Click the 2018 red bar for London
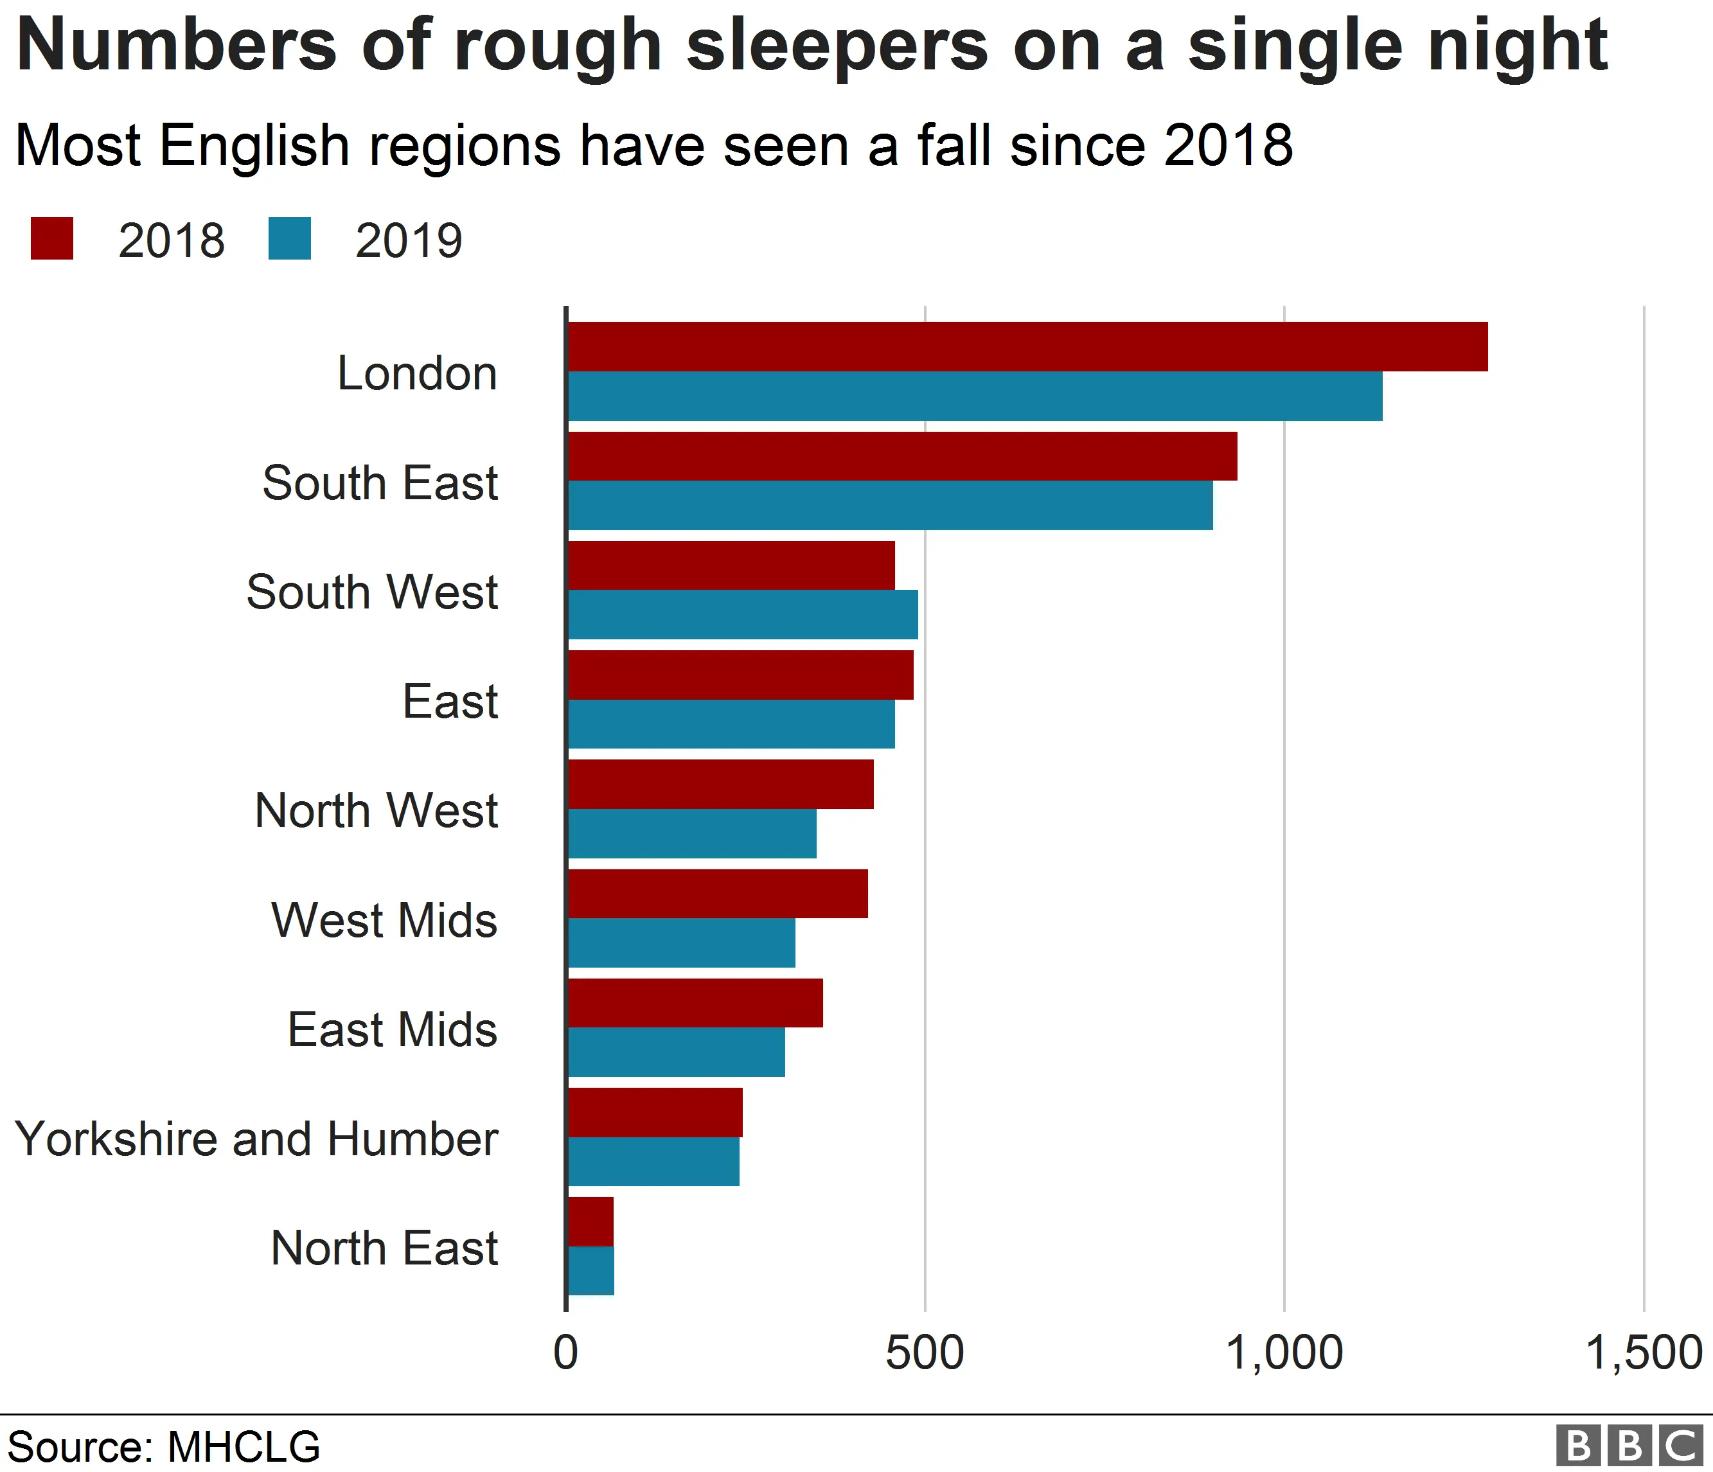1027,346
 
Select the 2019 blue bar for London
974,396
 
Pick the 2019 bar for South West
742,615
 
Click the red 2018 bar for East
740,675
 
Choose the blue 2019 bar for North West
692,834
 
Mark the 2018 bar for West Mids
718,894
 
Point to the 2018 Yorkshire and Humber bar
655,1112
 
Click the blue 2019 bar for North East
591,1271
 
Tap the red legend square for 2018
52,239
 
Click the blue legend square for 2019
289,239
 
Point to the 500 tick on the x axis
925,1354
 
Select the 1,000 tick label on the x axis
1283,1354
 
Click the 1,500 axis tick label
1643,1354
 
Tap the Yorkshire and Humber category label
256,1139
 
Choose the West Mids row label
384,920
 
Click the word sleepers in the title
837,46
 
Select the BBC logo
1629,1446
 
